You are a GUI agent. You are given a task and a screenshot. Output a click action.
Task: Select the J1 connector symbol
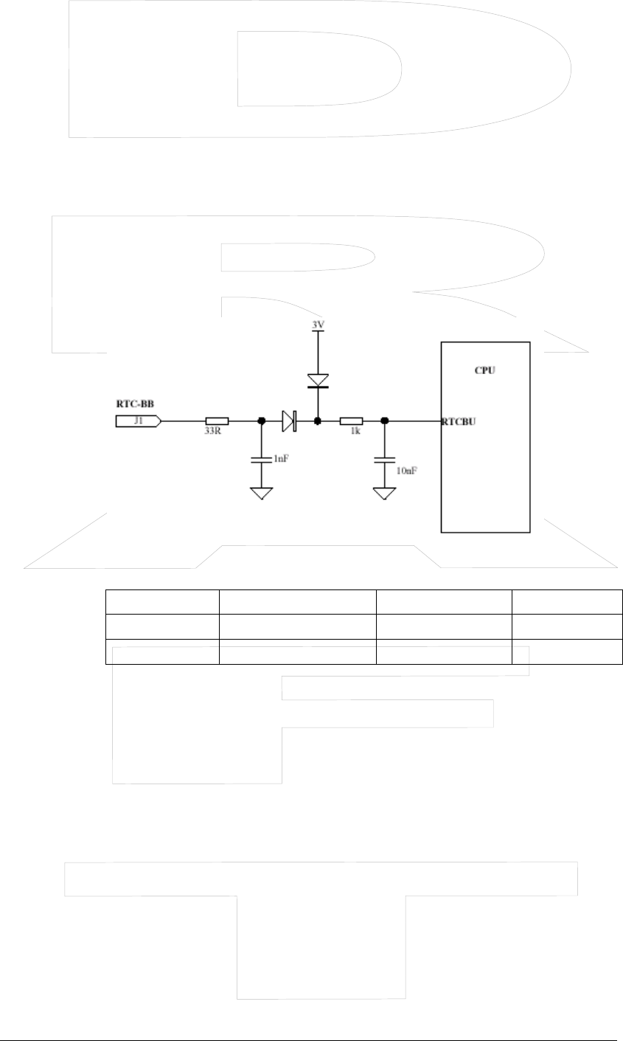[x=138, y=421]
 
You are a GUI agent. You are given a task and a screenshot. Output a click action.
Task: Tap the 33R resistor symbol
[x=217, y=421]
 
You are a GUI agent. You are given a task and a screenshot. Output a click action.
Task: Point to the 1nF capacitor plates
[x=261, y=460]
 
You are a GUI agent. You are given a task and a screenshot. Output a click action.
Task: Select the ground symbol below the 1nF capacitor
[x=261, y=492]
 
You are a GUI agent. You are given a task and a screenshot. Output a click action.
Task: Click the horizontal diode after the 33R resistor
[x=288, y=421]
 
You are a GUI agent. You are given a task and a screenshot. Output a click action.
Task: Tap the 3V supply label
[x=318, y=325]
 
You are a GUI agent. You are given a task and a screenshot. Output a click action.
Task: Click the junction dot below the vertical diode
[x=318, y=421]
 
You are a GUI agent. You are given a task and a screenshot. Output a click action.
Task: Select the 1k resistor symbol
[x=351, y=421]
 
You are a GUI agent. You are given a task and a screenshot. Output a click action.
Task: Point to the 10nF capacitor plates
[x=384, y=460]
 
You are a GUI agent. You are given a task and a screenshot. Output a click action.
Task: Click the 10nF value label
[x=406, y=469]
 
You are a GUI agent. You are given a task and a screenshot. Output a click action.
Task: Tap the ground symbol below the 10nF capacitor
[x=384, y=492]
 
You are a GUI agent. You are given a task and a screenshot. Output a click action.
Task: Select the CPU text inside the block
[x=484, y=370]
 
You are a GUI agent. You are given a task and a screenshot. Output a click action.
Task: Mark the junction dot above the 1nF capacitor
[x=261, y=421]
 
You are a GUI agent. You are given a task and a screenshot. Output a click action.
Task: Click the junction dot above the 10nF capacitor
[x=384, y=421]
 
